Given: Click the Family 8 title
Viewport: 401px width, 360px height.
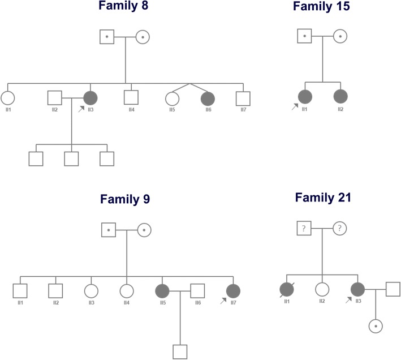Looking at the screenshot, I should click(x=126, y=8).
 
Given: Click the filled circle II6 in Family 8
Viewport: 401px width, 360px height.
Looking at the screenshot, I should click(x=208, y=98).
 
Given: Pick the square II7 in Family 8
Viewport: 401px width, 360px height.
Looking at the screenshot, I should click(x=243, y=98).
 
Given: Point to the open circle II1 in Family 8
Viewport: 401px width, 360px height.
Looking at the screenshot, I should click(x=8, y=98).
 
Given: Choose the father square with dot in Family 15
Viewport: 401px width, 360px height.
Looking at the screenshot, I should click(x=305, y=37).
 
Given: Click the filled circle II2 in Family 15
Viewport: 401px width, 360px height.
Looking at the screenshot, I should click(x=340, y=98).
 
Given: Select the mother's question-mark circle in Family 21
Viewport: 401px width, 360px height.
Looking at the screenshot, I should click(x=340, y=228).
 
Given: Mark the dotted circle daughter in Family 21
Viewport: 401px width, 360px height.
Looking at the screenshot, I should click(x=375, y=326).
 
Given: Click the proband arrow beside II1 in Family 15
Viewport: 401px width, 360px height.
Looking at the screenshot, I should click(x=295, y=106).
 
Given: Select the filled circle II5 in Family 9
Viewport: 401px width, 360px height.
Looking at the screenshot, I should click(x=162, y=290).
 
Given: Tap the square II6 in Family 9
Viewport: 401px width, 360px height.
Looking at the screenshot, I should click(x=197, y=290).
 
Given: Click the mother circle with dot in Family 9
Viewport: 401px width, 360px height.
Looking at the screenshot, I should click(x=144, y=230).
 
